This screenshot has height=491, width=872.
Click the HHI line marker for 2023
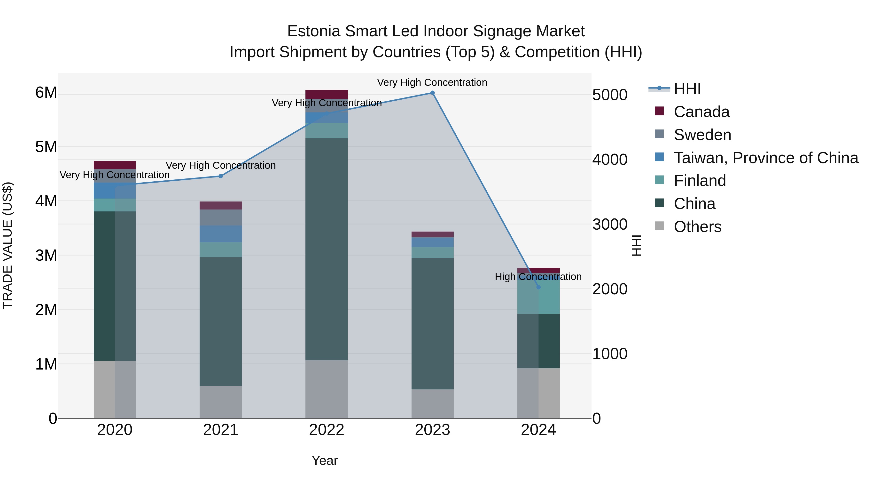click(x=432, y=93)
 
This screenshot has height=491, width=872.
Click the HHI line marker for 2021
click(x=221, y=176)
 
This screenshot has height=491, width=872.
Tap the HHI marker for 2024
click(x=538, y=287)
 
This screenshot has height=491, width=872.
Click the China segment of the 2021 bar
click(x=221, y=321)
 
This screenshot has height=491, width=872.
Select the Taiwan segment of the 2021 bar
click(x=221, y=234)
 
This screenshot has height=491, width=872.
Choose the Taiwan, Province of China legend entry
click(x=766, y=158)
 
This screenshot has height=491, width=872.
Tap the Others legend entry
click(x=697, y=227)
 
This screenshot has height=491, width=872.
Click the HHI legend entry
click(x=687, y=89)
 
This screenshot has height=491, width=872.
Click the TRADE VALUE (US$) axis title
click(x=8, y=245)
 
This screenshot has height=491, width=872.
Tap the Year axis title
click(x=324, y=460)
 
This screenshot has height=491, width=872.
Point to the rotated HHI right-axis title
click(x=636, y=245)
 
